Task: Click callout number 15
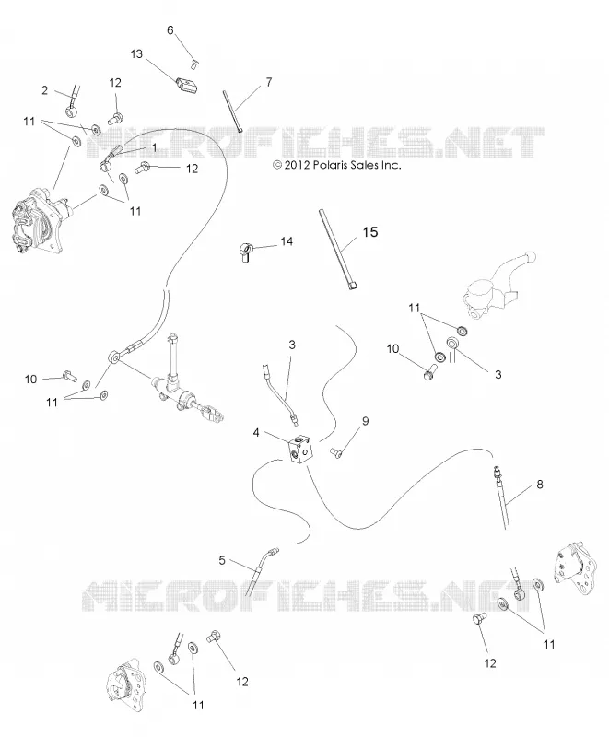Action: click(370, 232)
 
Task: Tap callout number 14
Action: click(287, 241)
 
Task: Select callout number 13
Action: click(136, 54)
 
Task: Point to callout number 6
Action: click(170, 30)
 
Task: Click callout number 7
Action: click(269, 82)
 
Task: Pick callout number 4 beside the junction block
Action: click(256, 432)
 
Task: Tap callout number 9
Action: click(365, 421)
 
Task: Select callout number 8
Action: click(540, 484)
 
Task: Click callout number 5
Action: click(222, 560)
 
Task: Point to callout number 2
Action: click(44, 89)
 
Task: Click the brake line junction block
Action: click(300, 450)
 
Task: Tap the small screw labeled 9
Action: click(336, 452)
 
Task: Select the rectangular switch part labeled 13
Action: click(187, 85)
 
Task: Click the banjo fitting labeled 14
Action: click(245, 251)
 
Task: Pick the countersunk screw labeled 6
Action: click(193, 64)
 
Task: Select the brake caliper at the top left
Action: click(39, 220)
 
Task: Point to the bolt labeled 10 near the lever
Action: click(429, 372)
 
